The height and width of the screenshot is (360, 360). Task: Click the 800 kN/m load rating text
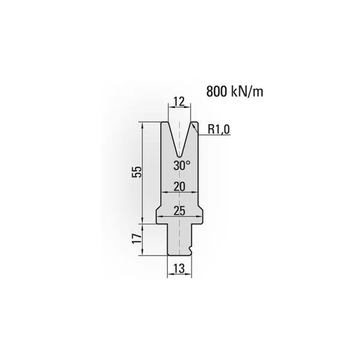235,91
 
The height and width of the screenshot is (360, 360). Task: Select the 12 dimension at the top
179,101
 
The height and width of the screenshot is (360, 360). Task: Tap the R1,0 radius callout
218,129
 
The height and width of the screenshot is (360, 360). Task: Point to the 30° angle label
182,166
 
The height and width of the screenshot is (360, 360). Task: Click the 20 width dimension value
179,187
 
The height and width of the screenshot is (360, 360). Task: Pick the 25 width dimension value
179,211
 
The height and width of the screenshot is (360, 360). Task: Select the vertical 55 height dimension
137,172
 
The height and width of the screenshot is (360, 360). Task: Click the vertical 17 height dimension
137,239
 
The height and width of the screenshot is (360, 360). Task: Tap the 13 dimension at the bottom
179,268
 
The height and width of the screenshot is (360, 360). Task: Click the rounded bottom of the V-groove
179,156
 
